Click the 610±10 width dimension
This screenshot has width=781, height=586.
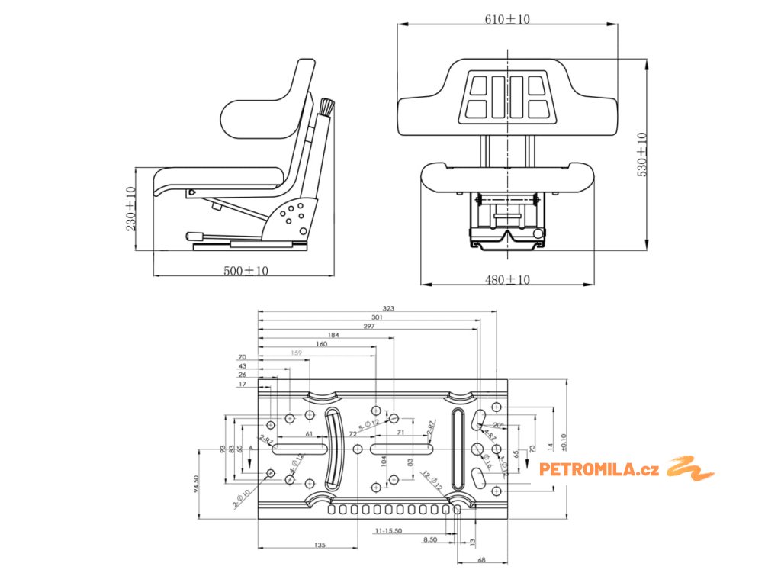[x=507, y=19]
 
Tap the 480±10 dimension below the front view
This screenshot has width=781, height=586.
[x=507, y=280]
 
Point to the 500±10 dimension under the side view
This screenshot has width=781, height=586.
[x=245, y=270]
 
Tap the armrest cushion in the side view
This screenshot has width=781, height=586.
[x=252, y=114]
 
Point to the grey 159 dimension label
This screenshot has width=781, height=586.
[x=296, y=353]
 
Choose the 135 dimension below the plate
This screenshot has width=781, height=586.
[x=320, y=545]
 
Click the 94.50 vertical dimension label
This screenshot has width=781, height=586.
[x=196, y=485]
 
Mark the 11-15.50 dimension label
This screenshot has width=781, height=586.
[x=388, y=530]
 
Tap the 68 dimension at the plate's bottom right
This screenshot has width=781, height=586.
[x=481, y=560]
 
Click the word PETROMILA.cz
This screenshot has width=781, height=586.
[x=599, y=469]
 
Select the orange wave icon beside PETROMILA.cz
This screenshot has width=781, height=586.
[x=690, y=468]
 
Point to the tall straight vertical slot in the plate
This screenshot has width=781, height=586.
[x=456, y=449]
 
